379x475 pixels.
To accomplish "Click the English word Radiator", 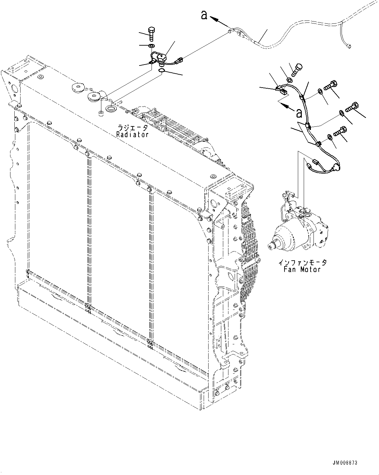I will click(132, 134).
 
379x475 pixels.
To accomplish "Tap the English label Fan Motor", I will click(302, 269).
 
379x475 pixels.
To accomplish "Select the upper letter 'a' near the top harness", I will click(204, 15).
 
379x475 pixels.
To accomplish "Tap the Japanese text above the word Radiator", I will click(132, 128).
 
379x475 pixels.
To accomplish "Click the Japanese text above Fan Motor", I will click(302, 262).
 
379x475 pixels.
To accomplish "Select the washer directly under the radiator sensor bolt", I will click(152, 45).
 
